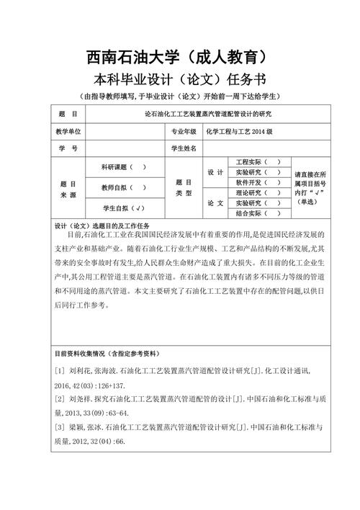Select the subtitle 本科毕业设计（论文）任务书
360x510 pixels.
179,79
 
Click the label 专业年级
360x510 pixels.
183,132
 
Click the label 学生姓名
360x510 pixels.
183,148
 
